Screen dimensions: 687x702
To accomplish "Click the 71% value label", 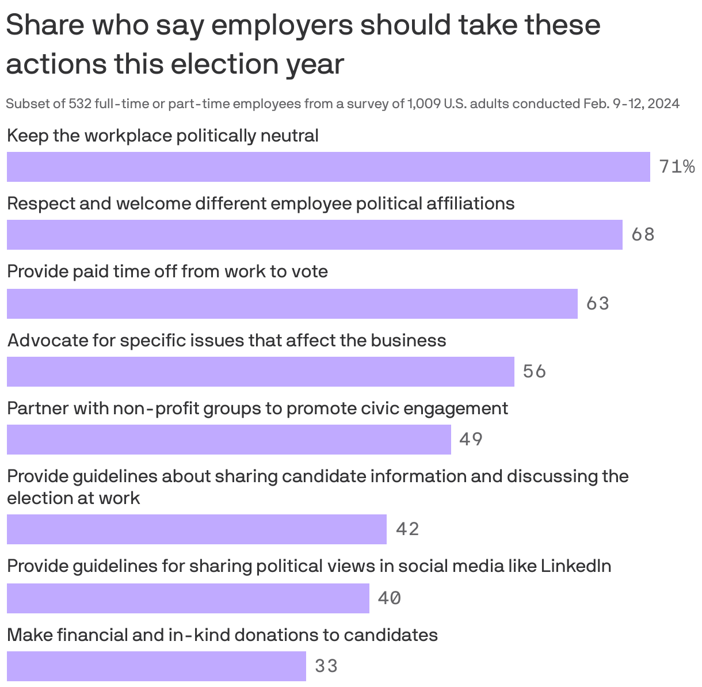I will pyautogui.click(x=676, y=167).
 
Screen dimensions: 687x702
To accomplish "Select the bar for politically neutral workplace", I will pyautogui.click(x=328, y=167).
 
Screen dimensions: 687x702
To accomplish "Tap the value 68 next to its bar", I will pyautogui.click(x=643, y=235).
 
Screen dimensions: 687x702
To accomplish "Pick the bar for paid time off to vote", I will pyautogui.click(x=292, y=304).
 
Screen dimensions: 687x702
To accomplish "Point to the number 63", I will pyautogui.click(x=597, y=303).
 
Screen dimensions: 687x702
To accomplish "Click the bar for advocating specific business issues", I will pyautogui.click(x=260, y=372).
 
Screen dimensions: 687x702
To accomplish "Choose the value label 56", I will pyautogui.click(x=534, y=372).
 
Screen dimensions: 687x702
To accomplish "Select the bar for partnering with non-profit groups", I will pyautogui.click(x=228, y=440).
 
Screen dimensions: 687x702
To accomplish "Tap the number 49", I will pyautogui.click(x=471, y=440).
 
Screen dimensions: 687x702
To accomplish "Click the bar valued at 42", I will pyautogui.click(x=196, y=529).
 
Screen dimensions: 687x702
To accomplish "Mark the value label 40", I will pyautogui.click(x=389, y=598).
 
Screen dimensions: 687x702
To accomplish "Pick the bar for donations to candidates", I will pyautogui.click(x=156, y=666).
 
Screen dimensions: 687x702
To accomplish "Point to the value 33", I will pyautogui.click(x=326, y=666).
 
